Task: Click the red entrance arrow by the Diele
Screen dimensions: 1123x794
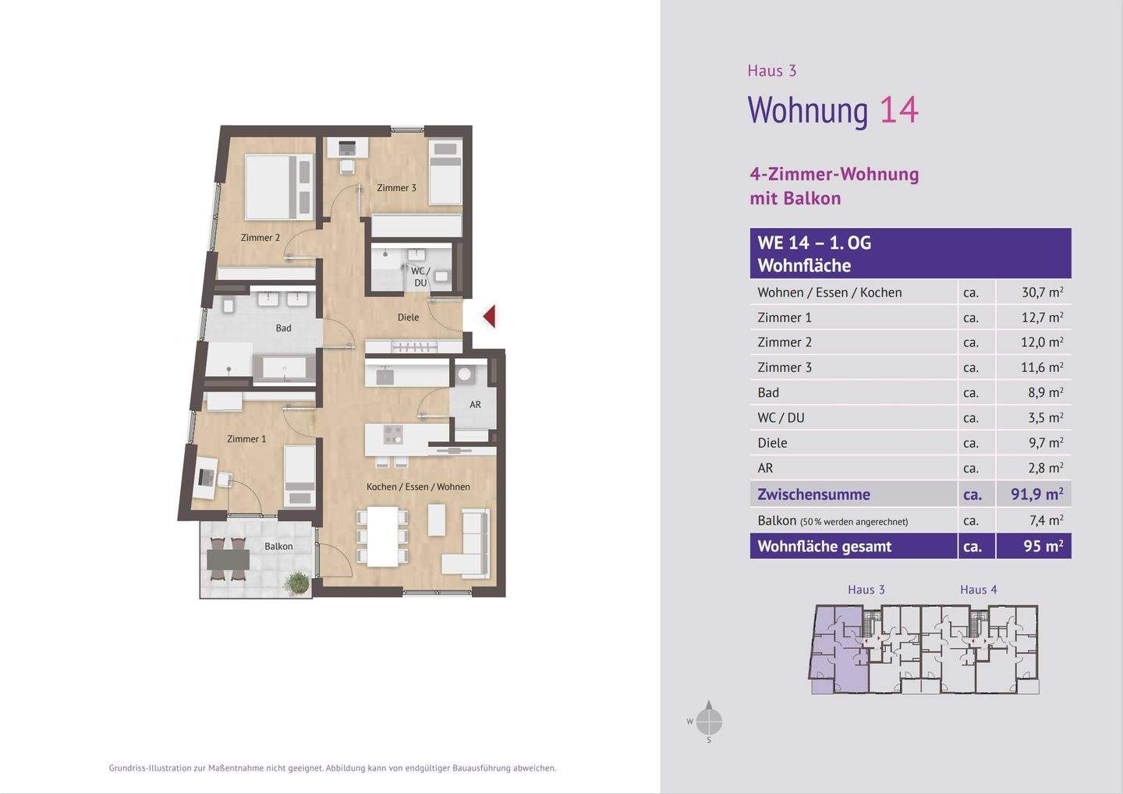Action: click(490, 317)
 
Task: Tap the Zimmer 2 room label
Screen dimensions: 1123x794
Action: click(260, 238)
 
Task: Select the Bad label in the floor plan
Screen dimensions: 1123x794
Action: click(283, 328)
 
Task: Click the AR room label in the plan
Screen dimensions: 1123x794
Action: click(475, 404)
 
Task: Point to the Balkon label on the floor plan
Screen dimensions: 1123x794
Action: click(278, 547)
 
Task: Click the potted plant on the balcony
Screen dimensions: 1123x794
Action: click(297, 583)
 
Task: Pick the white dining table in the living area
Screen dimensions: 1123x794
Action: click(383, 537)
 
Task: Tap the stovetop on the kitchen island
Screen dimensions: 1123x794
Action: click(393, 434)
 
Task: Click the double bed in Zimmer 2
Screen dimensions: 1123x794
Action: click(279, 186)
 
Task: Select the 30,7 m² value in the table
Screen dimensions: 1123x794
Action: click(1043, 292)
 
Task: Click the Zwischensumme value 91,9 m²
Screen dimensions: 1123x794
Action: click(1037, 494)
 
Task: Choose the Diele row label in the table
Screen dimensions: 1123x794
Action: click(772, 442)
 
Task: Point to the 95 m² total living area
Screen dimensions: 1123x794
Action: click(1043, 546)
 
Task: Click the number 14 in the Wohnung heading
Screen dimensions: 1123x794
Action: click(899, 110)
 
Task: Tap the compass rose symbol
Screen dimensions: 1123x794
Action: click(709, 721)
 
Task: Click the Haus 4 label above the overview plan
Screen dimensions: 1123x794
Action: click(979, 590)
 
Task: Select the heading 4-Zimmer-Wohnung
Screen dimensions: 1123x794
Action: click(834, 175)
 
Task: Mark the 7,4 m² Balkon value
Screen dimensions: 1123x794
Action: click(1047, 520)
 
